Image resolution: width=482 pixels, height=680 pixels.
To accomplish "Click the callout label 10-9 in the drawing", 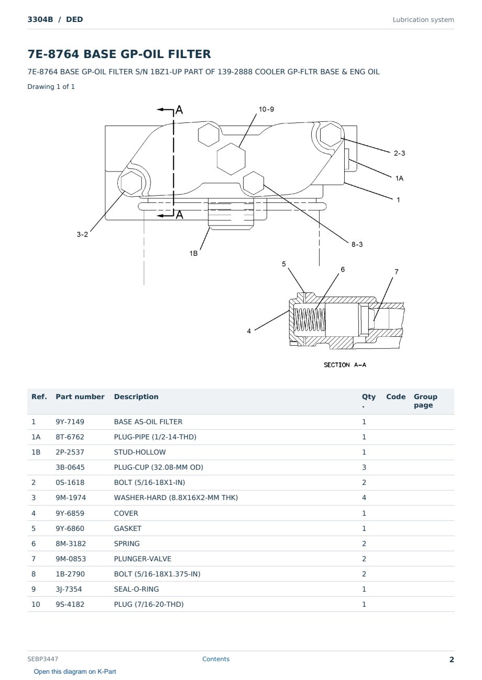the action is click(266, 109).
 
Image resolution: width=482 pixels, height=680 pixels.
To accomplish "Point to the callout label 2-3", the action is click(399, 153).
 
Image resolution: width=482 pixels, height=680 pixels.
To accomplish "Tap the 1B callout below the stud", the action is click(193, 253).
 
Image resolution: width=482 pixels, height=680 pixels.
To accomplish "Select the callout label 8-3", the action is click(357, 244).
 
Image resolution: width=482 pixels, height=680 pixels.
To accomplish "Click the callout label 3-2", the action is click(82, 234).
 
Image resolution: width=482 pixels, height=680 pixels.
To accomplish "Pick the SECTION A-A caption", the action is click(345, 365).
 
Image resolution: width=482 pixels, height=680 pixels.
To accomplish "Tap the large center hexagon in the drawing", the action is click(231, 159).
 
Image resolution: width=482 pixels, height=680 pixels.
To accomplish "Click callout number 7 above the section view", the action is click(396, 271).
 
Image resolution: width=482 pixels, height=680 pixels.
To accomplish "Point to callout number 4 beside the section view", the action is click(249, 331).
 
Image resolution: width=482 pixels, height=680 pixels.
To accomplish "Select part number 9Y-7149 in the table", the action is click(70, 422).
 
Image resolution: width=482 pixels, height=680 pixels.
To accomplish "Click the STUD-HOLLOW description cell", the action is click(140, 452).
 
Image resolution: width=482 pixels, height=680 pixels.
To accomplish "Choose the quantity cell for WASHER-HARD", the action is click(364, 497).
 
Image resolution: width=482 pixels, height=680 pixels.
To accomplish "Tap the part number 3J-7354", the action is click(69, 589).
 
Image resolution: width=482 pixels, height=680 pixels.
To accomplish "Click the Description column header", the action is click(136, 396).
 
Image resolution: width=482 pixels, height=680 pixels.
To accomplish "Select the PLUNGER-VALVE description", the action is click(143, 559).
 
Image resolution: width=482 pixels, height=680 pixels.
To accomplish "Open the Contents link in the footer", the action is click(216, 659).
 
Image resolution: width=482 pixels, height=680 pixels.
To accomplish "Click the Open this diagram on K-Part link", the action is click(75, 671).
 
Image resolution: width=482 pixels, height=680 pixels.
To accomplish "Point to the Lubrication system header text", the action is click(423, 20).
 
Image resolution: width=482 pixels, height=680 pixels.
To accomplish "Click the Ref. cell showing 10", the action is click(36, 604).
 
